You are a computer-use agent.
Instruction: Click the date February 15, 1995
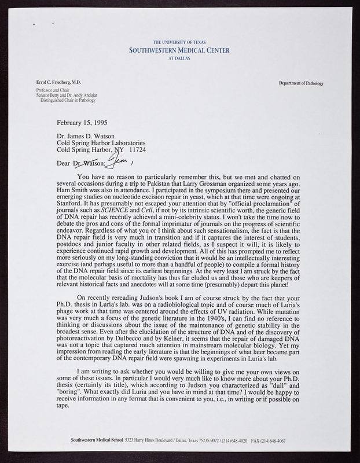(x=82, y=123)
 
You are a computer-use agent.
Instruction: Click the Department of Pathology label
(x=300, y=84)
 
